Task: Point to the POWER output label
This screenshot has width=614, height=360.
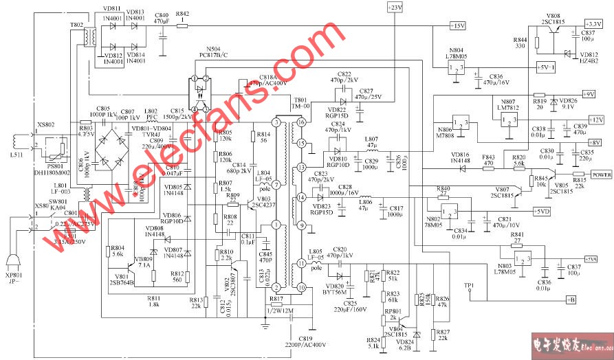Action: (601, 175)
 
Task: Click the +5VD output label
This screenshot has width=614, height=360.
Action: (542, 212)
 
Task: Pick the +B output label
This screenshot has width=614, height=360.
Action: (569, 300)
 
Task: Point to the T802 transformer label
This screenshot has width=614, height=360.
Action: (76, 24)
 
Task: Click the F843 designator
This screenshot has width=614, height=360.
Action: (488, 157)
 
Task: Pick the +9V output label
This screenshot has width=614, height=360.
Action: (588, 93)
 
